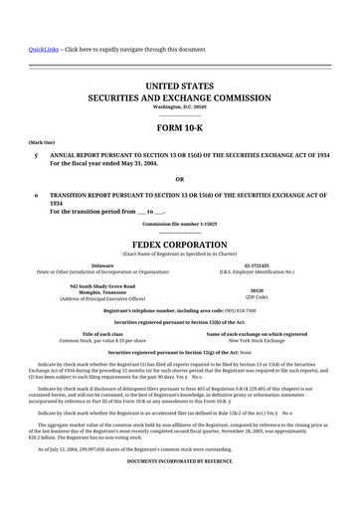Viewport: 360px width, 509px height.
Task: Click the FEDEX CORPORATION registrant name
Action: [179, 242]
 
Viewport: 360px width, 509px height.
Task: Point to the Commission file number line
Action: [179, 223]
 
